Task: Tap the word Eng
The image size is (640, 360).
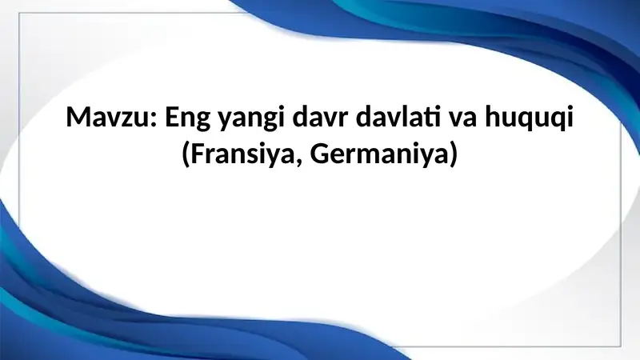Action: (189, 121)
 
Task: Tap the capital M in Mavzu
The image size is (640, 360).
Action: (78, 119)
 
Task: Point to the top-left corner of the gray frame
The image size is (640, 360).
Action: (19, 14)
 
